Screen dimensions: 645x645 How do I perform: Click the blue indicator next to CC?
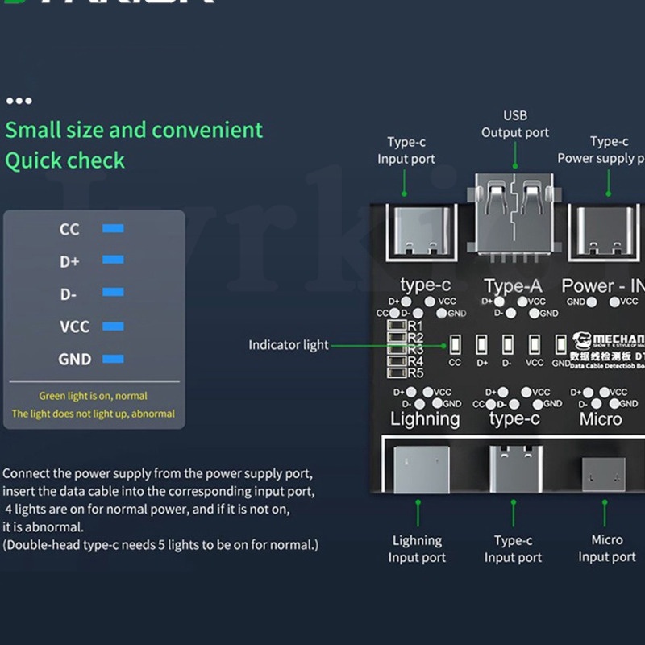click(113, 229)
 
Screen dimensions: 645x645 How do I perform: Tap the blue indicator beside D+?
click(113, 260)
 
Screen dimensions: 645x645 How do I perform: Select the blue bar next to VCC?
click(113, 327)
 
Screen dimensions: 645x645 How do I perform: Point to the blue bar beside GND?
click(113, 359)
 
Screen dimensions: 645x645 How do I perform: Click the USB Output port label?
click(515, 124)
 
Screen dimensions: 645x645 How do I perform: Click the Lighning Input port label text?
click(417, 548)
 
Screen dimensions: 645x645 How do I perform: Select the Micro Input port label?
click(607, 548)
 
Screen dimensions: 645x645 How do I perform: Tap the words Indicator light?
click(288, 345)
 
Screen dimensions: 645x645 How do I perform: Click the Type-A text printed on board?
click(514, 285)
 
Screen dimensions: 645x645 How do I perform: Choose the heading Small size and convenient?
click(134, 130)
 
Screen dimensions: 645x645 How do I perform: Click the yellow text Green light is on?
click(93, 396)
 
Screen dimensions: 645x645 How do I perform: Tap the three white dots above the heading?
click(19, 101)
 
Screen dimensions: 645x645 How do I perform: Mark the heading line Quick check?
click(65, 160)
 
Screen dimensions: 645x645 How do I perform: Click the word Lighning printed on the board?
click(425, 418)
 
